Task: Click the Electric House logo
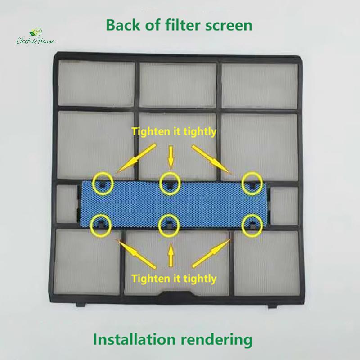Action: [x=36, y=36]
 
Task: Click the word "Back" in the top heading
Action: [x=123, y=25]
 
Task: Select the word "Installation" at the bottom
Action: [x=134, y=339]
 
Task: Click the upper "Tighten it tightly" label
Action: [x=174, y=132]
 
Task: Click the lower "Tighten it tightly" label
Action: [x=174, y=279]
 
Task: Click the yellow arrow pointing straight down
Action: [x=171, y=157]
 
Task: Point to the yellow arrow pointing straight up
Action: [x=171, y=255]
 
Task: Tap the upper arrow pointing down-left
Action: [x=136, y=158]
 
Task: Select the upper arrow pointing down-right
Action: [x=211, y=159]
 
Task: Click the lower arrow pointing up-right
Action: [x=211, y=253]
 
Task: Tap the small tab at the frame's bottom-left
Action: [x=81, y=304]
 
